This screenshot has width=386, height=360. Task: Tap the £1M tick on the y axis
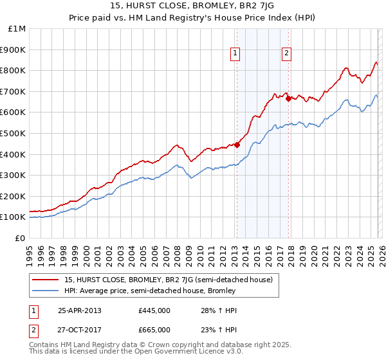click(17, 28)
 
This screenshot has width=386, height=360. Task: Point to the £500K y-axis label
click(14, 133)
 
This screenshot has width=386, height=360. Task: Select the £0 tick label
click(20, 238)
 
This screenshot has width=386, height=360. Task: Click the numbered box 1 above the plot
click(235, 54)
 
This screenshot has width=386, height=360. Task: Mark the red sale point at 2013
click(237, 145)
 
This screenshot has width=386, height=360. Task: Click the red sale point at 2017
click(288, 98)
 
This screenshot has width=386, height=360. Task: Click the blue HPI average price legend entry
click(150, 291)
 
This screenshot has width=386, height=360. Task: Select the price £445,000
click(154, 310)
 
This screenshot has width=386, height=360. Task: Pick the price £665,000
click(154, 330)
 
